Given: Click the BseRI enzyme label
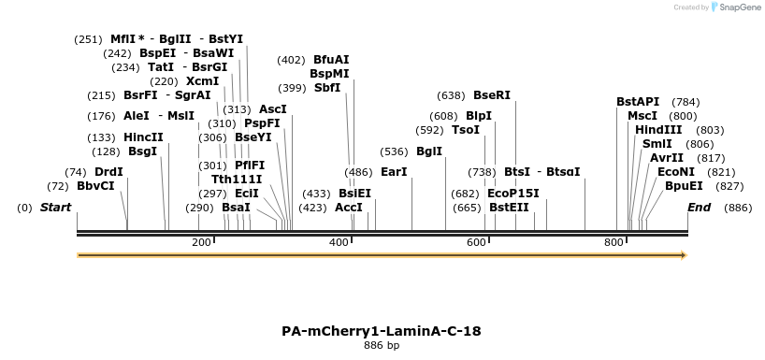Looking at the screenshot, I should tap(492, 95).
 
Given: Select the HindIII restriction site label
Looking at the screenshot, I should tap(659, 130).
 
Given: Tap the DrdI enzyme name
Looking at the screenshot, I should tap(109, 172).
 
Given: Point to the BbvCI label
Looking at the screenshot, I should tap(95, 186).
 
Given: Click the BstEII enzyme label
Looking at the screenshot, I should tap(509, 208).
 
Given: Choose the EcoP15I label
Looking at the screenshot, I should tap(513, 194).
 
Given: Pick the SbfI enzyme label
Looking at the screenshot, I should tap(327, 88).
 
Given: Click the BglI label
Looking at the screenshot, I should tap(429, 151).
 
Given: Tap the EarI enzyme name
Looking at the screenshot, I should tap(395, 172).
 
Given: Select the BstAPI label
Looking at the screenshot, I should tap(638, 102).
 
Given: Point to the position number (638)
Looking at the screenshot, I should tap(451, 95).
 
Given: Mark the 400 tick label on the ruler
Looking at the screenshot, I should tap(339, 243).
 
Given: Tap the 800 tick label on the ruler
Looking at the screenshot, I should tap(613, 243).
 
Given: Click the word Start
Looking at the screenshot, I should tap(55, 207).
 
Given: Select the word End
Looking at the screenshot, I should tap(699, 207).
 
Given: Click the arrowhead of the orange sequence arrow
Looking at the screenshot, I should tap(684, 254).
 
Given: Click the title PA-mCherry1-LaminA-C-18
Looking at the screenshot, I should tap(382, 331).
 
